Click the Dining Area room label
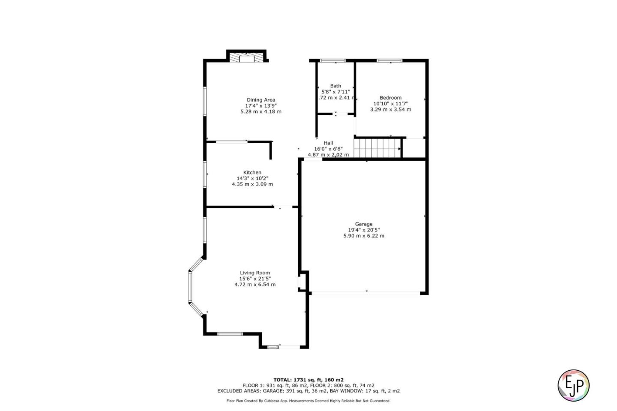tap(261, 100)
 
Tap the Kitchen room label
tap(252, 172)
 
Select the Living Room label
tap(255, 273)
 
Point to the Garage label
tap(363, 224)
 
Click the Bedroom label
tap(390, 98)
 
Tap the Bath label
tap(335, 86)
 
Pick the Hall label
tap(328, 143)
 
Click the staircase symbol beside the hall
tap(377, 147)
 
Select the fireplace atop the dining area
tap(246, 58)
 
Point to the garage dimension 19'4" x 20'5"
tap(363, 230)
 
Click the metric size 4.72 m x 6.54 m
tap(255, 285)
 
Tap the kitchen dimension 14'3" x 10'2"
tap(252, 178)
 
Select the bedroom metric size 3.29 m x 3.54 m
tap(390, 110)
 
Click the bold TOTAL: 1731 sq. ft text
tap(308, 380)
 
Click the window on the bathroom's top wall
tap(333, 60)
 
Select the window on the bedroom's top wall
tap(389, 60)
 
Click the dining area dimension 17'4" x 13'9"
tap(261, 106)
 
